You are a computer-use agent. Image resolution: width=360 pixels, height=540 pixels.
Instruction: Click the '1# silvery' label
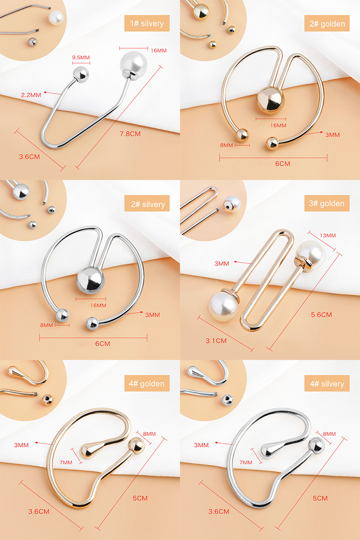click(147, 23)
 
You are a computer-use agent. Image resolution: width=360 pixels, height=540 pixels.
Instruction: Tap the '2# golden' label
click(327, 23)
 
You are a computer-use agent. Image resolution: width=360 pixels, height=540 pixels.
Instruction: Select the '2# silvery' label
click(147, 204)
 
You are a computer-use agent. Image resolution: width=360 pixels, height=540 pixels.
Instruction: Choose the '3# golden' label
click(327, 203)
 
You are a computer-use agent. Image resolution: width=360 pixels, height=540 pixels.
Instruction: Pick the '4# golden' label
click(147, 384)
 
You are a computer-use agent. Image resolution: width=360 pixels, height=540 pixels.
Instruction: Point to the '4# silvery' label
click(327, 384)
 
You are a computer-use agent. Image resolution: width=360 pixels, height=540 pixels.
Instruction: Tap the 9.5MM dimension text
click(81, 58)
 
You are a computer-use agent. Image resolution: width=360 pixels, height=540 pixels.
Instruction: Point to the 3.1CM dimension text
click(216, 341)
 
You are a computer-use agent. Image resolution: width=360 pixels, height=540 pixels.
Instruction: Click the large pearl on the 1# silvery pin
click(133, 65)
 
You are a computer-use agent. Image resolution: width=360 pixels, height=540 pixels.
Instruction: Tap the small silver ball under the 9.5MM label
click(81, 74)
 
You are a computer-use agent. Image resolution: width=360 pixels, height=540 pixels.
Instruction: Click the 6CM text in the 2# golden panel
click(283, 164)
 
